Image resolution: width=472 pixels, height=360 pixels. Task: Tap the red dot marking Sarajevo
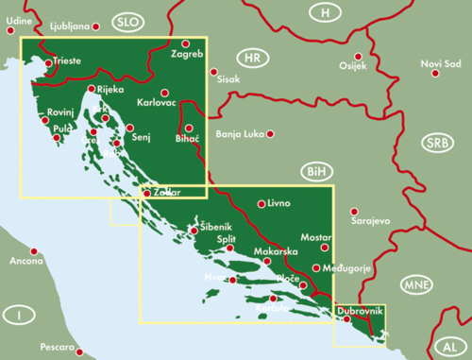(354, 212)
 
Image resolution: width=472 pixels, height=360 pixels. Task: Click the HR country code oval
(251, 59)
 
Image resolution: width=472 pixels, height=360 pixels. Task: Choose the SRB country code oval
(437, 144)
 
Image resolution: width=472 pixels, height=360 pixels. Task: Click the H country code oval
(327, 12)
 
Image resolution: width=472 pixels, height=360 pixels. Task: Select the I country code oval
(16, 314)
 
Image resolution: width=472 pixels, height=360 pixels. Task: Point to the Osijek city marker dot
(351, 55)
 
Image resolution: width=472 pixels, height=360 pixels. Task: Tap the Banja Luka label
(240, 133)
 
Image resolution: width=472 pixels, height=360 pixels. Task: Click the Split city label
(226, 240)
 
